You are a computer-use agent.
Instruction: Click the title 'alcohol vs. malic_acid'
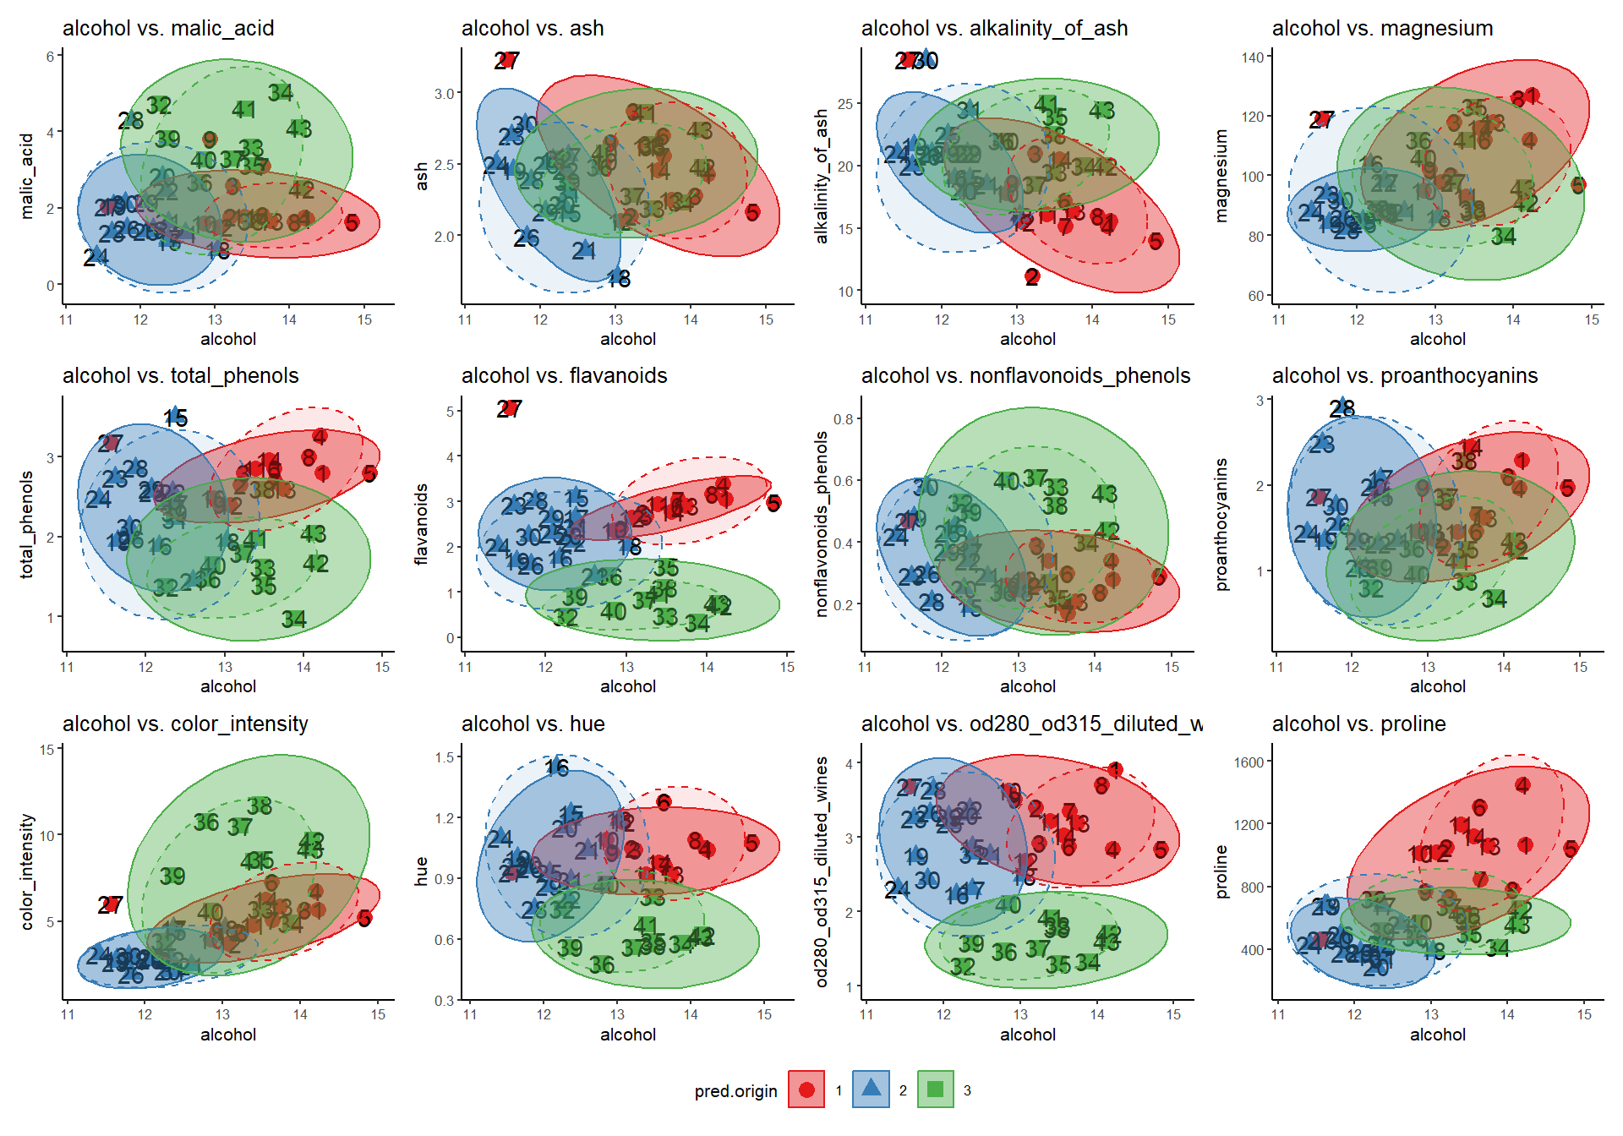(x=168, y=28)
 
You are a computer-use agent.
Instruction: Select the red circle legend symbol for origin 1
(x=806, y=1090)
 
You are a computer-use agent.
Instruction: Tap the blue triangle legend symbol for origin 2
(x=871, y=1089)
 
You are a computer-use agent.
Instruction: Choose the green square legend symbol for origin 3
(x=935, y=1090)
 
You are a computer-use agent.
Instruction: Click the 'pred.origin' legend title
(x=735, y=1091)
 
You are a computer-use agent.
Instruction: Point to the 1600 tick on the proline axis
(x=1249, y=762)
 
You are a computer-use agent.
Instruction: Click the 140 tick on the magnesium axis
(x=1253, y=57)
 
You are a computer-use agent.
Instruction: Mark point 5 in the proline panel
(x=1571, y=849)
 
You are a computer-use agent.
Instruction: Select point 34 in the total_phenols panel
(x=293, y=620)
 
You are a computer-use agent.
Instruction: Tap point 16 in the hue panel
(x=557, y=767)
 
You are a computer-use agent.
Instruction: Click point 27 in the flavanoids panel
(x=509, y=409)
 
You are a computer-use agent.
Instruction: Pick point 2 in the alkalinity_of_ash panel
(x=1032, y=276)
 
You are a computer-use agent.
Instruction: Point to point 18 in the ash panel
(x=619, y=278)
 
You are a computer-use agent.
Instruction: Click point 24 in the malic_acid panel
(x=96, y=257)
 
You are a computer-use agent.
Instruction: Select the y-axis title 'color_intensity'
(x=27, y=871)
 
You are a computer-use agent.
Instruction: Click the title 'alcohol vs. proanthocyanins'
(x=1404, y=376)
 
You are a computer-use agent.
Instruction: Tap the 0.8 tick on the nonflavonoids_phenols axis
(x=843, y=419)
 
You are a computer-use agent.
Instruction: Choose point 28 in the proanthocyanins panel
(x=1342, y=408)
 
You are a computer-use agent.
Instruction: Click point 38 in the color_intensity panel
(x=260, y=806)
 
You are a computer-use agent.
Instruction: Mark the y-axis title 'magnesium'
(x=1221, y=176)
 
